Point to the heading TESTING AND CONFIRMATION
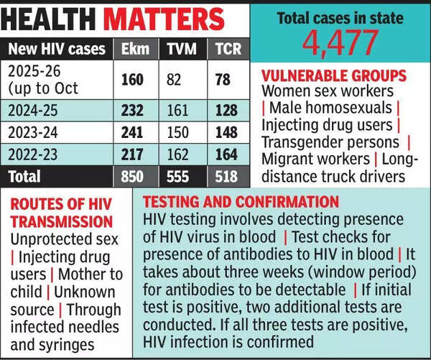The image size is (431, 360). (x=241, y=202)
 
